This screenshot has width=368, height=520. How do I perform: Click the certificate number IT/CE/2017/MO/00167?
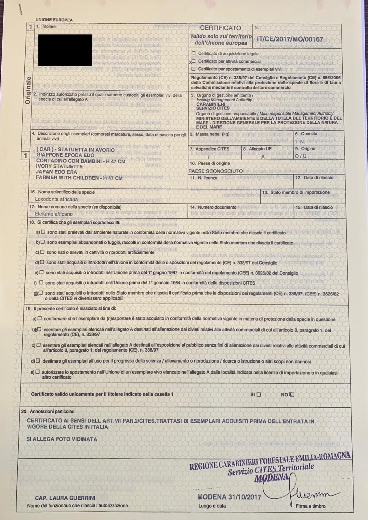pyautogui.click(x=290, y=39)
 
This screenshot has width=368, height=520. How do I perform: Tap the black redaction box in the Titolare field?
pyautogui.click(x=65, y=50)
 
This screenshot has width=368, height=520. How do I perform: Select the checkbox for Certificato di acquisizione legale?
pyautogui.click(x=194, y=53)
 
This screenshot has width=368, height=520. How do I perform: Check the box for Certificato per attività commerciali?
pyautogui.click(x=194, y=61)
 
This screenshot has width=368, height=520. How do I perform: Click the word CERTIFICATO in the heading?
pyautogui.click(x=220, y=28)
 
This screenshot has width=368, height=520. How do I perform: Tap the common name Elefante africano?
pyautogui.click(x=54, y=214)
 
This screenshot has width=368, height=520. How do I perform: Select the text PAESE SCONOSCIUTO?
pyautogui.click(x=216, y=171)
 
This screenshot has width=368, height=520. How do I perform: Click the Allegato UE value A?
pyautogui.click(x=263, y=156)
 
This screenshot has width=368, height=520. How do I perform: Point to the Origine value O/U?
pyautogui.click(x=300, y=156)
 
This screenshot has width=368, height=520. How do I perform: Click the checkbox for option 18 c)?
pyautogui.click(x=42, y=252)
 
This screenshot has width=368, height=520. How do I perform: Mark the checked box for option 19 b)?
pyautogui.click(x=39, y=330)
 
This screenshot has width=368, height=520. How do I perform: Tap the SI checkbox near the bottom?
pyautogui.click(x=259, y=395)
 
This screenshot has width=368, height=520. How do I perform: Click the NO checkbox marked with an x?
pyautogui.click(x=292, y=395)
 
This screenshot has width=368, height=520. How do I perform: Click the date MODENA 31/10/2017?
pyautogui.click(x=229, y=497)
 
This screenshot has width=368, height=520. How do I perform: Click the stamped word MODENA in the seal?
pyautogui.click(x=272, y=477)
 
